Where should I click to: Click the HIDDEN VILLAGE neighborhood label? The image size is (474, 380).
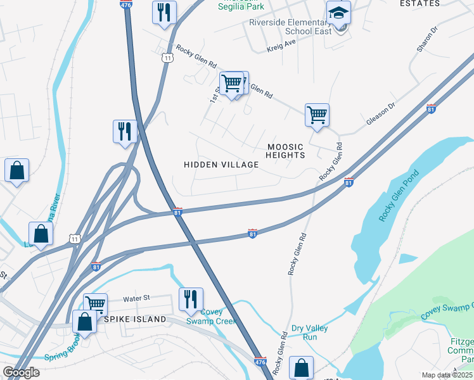(221, 165)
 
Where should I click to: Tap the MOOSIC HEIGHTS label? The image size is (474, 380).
(285, 151)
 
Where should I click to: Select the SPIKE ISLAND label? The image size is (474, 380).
(135, 319)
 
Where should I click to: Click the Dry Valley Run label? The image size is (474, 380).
(309, 332)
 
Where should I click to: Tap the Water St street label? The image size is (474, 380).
(136, 298)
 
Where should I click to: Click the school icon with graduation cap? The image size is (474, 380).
(338, 13)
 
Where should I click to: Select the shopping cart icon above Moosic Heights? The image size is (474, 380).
(317, 115)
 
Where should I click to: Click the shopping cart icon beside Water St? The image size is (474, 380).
(95, 305)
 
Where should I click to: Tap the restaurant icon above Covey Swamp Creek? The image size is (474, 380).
(191, 299)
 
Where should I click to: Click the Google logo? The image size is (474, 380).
(21, 372)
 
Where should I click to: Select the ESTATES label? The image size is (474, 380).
(420, 4)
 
